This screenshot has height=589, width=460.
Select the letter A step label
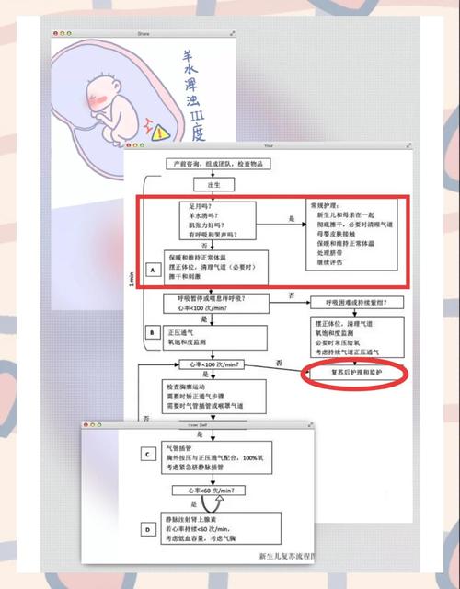[x=151, y=268]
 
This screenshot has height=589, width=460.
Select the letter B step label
[x=151, y=331]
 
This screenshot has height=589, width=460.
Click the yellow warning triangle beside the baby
[x=162, y=133]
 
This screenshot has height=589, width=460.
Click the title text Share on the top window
[x=143, y=34]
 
